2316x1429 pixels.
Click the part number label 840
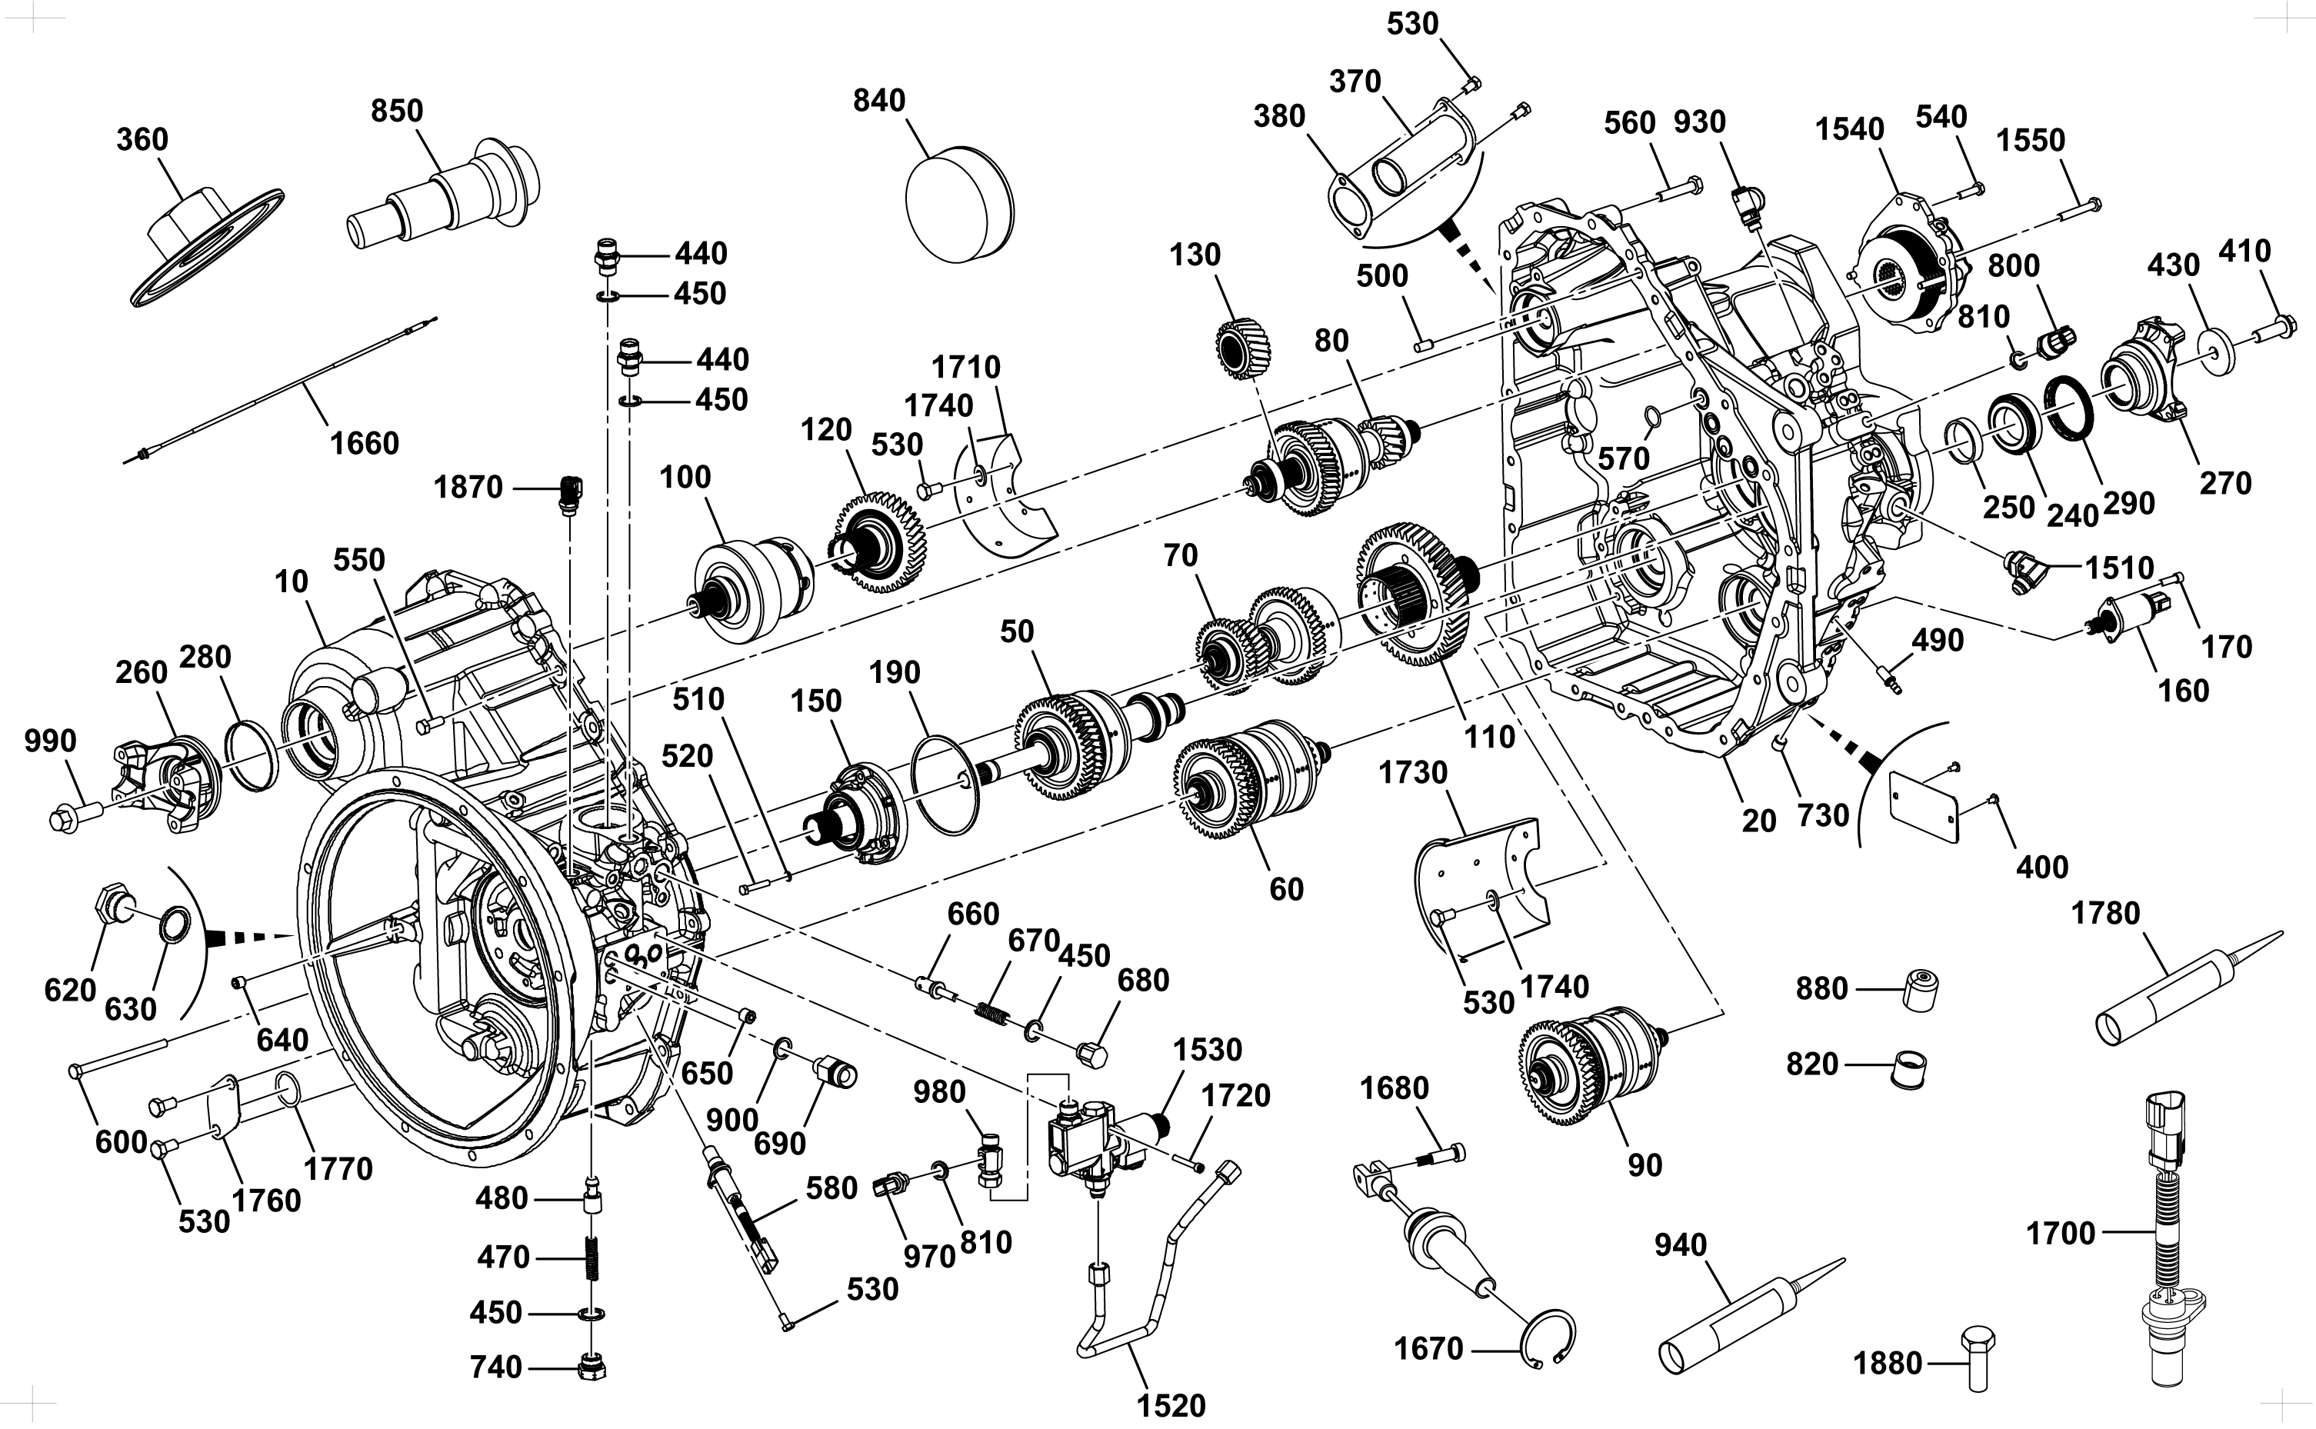point(878,100)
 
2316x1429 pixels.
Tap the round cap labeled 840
point(958,204)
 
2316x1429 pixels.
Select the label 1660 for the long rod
point(364,443)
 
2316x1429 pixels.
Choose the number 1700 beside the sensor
point(2061,1234)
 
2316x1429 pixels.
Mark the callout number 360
point(142,139)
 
